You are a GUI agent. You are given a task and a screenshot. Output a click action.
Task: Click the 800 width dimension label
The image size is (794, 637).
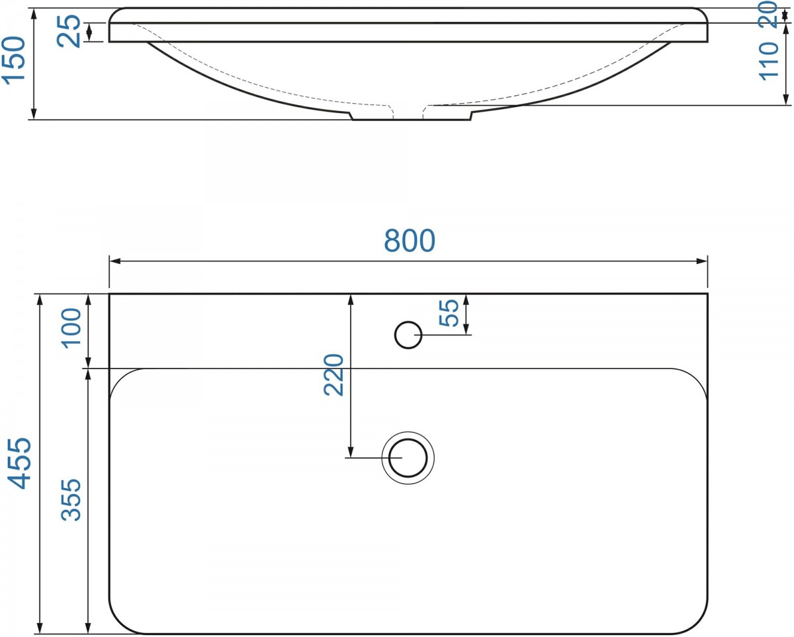click(x=410, y=241)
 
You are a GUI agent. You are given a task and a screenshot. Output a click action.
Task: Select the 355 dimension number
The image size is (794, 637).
click(x=71, y=499)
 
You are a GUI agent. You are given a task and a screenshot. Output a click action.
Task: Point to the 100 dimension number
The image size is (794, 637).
click(x=71, y=326)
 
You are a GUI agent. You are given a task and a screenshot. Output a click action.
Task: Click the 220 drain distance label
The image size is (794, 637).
click(x=333, y=374)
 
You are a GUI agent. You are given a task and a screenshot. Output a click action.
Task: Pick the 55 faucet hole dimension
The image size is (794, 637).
click(x=449, y=313)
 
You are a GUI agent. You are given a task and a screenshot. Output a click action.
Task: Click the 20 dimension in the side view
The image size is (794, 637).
click(x=768, y=13)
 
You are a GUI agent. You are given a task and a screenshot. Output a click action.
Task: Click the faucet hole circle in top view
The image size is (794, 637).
click(x=408, y=335)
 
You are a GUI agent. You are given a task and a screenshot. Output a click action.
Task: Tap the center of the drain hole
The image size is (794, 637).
click(x=408, y=458)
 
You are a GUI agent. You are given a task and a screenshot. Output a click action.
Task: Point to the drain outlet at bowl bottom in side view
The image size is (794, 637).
click(x=410, y=116)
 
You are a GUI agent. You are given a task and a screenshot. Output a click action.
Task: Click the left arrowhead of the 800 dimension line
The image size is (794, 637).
click(x=113, y=261)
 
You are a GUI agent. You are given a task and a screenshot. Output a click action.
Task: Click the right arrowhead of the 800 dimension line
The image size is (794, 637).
click(x=704, y=261)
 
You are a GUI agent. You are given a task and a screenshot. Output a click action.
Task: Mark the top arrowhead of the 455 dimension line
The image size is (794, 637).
click(x=40, y=298)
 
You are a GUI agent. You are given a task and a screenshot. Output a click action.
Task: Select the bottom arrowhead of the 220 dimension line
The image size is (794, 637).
click(x=351, y=453)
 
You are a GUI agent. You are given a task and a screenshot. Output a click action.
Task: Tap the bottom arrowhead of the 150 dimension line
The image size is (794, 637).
click(x=32, y=116)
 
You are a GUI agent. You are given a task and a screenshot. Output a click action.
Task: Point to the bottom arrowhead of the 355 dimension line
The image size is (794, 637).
click(x=88, y=629)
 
